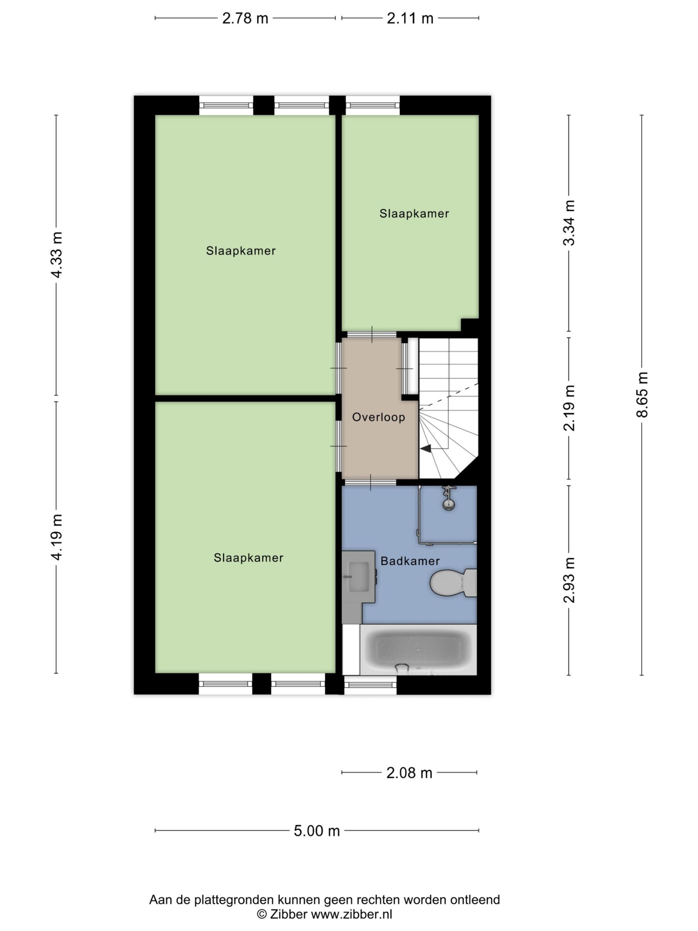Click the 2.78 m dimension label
tap(245, 19)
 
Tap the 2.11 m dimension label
tap(410, 19)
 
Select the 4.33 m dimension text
tap(57, 254)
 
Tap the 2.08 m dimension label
tap(409, 773)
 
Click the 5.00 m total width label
tap(317, 831)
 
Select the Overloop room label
tap(378, 417)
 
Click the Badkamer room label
tap(410, 561)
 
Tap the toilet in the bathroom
tap(453, 583)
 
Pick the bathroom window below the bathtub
tap(370, 685)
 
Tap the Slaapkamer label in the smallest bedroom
tap(414, 214)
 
